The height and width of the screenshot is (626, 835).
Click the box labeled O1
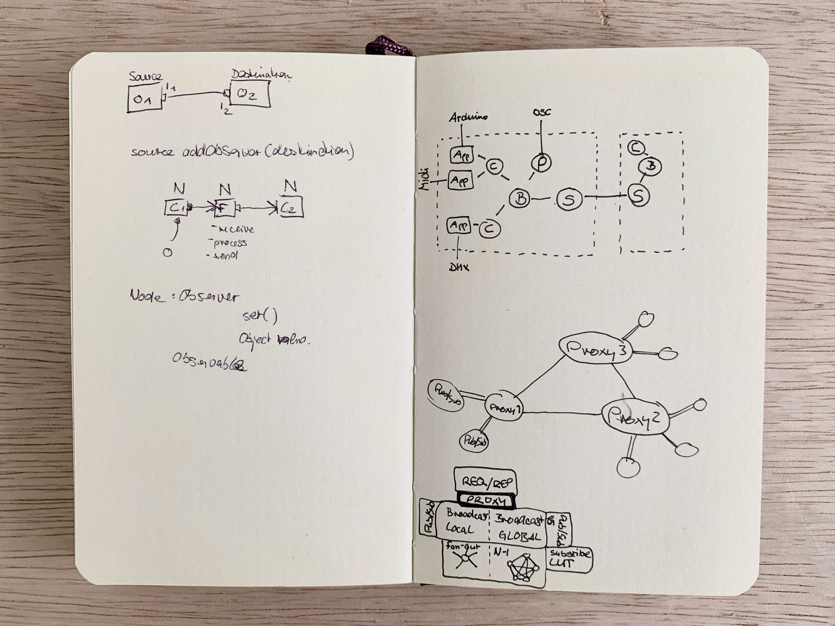coord(144,99)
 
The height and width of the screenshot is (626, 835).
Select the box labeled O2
coord(250,94)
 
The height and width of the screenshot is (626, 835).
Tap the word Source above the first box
coord(145,76)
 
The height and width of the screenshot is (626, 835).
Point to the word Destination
coord(261,74)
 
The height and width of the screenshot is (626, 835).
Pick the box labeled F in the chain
coord(225,208)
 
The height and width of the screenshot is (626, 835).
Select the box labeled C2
coord(290,208)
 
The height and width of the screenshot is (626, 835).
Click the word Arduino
coord(468,117)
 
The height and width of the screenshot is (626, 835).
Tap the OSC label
coord(541,112)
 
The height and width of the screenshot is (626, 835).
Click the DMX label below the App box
coord(459,268)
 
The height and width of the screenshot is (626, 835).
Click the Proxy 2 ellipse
coord(633,416)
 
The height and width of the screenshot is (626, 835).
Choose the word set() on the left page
coord(260,316)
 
